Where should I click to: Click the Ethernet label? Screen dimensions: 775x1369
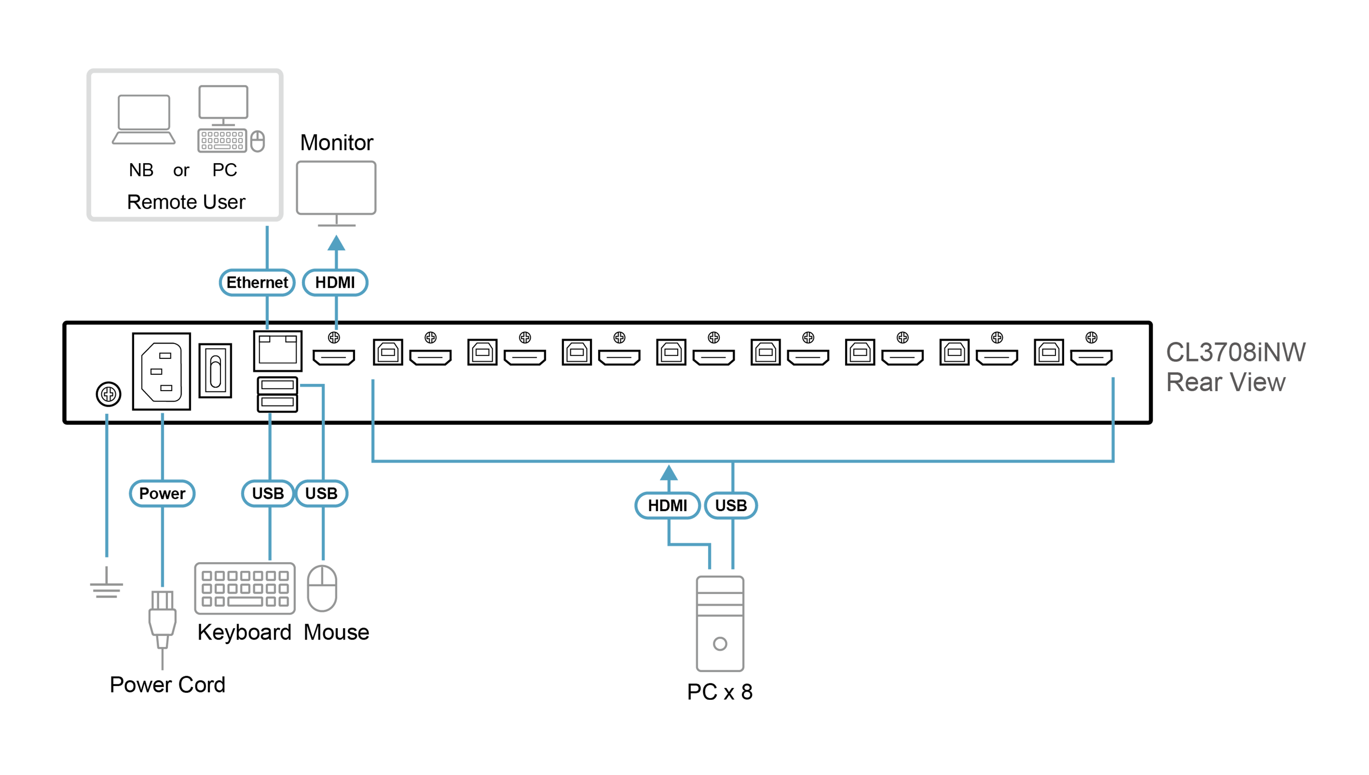[257, 282]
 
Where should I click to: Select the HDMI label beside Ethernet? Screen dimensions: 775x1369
[334, 282]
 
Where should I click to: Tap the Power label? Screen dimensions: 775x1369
[162, 493]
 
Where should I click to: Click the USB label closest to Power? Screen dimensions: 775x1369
[267, 493]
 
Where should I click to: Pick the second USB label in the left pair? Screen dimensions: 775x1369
[321, 493]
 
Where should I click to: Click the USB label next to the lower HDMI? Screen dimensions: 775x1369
[730, 505]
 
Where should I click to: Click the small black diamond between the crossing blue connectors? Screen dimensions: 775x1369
[348, 423]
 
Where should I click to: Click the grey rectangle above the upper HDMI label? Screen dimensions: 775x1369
[394, 197]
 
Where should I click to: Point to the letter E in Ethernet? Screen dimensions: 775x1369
[230, 282]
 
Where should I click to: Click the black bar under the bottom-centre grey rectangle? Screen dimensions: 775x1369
[719, 689]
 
